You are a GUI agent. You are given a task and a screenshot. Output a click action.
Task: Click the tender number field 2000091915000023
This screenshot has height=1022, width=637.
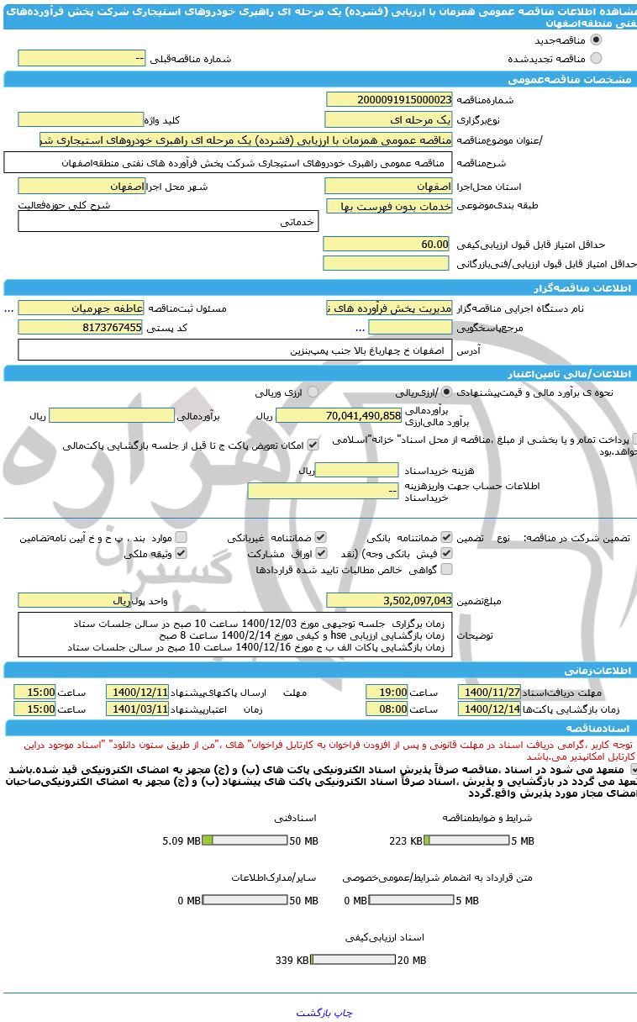(388, 99)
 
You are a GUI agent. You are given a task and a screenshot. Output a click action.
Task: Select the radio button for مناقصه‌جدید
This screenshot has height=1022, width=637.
(596, 40)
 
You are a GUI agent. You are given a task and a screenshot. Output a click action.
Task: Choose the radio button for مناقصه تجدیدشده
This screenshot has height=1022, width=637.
(596, 58)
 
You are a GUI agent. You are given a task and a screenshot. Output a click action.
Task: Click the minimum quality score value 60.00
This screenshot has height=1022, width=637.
(388, 244)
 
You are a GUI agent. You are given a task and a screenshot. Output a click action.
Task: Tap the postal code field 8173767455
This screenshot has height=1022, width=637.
(81, 328)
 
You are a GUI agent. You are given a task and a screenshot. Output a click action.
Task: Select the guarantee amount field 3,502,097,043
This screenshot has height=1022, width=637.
(388, 600)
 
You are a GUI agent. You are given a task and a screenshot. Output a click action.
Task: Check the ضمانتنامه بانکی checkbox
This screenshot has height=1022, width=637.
(446, 537)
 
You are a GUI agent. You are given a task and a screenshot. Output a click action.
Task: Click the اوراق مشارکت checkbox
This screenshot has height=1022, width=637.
(321, 553)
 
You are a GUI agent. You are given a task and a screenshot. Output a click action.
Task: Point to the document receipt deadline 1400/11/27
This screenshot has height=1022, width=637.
(489, 692)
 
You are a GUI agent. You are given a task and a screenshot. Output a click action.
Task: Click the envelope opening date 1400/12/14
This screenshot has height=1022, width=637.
(489, 709)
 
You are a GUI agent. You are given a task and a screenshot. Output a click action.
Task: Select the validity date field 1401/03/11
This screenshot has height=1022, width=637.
(137, 709)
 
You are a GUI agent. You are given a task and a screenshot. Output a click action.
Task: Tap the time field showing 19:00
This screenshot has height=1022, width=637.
(387, 692)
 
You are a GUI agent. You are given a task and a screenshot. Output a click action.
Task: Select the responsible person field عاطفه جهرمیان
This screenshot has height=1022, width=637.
(81, 308)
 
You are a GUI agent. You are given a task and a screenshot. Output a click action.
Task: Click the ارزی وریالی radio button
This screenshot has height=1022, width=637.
(313, 392)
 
